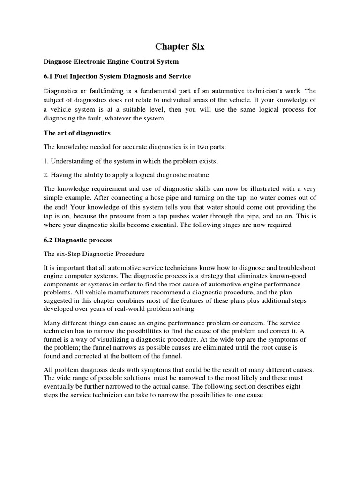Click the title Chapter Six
click(180, 47)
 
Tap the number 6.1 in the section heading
click(49, 76)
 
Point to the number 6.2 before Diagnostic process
click(49, 240)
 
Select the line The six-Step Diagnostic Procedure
click(94, 254)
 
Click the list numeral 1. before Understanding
click(46, 162)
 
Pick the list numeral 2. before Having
click(46, 176)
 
